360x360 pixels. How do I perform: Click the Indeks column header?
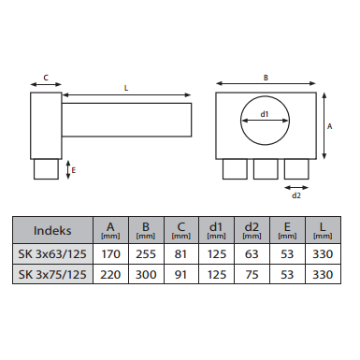[52, 231]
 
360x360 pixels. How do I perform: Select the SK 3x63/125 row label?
[52, 254]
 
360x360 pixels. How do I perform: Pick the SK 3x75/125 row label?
[52, 275]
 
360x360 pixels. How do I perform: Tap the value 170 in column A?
[110, 254]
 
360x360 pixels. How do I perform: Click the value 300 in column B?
[146, 275]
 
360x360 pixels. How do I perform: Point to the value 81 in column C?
[181, 254]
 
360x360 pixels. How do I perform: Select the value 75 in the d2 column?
[252, 275]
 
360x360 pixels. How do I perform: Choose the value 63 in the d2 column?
[252, 254]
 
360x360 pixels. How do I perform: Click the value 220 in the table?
[110, 275]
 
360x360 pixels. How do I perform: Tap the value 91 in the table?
[181, 275]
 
